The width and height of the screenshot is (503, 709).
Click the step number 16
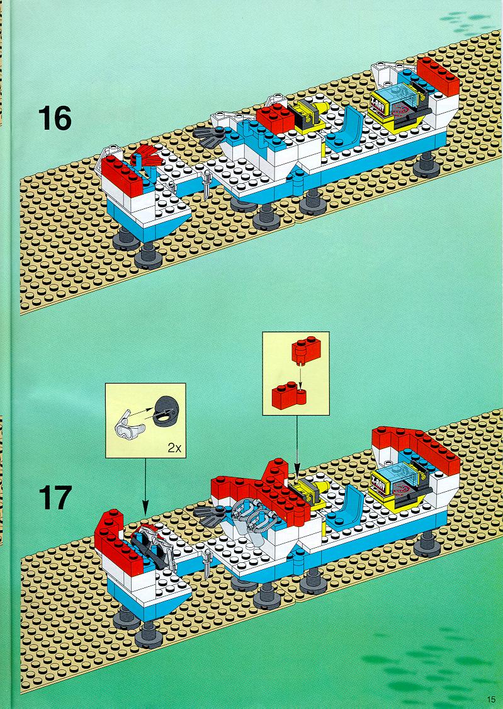coord(55,118)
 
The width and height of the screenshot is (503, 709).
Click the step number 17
coord(55,497)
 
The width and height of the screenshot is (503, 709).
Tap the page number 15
coord(492,698)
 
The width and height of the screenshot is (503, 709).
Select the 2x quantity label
coord(174,448)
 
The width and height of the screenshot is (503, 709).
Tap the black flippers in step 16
coord(210,136)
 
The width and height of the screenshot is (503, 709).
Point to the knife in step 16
coord(206,184)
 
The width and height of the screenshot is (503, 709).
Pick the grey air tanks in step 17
coord(249,516)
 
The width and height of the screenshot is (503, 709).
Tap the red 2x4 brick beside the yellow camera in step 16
coord(276,118)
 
